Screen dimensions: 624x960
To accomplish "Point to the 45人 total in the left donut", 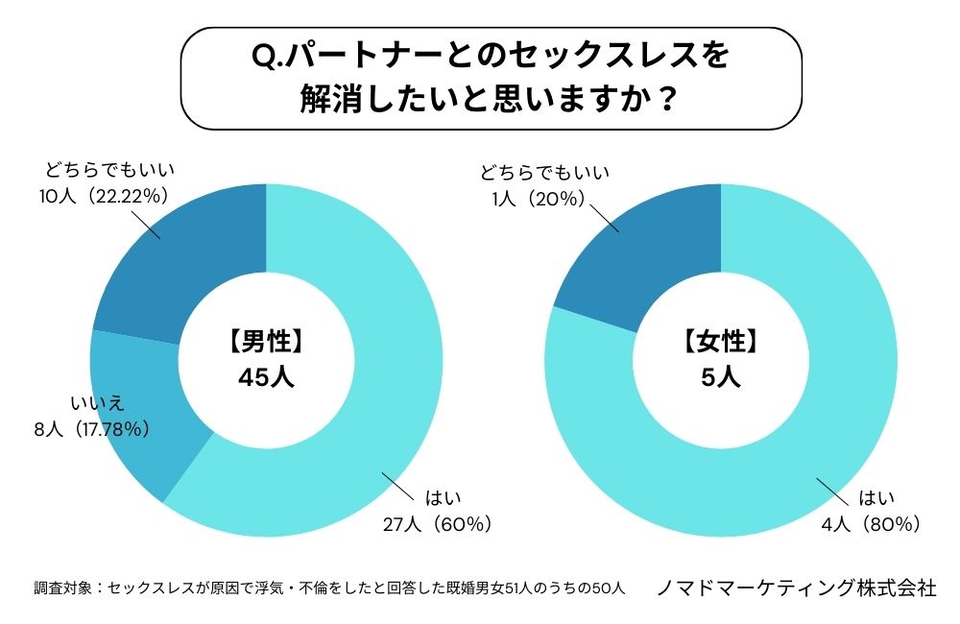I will (266, 375).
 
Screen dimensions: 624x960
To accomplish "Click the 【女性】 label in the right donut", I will (721, 341).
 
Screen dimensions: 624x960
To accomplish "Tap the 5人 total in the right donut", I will (721, 375).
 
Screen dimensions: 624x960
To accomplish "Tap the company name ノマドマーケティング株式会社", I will (796, 588).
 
